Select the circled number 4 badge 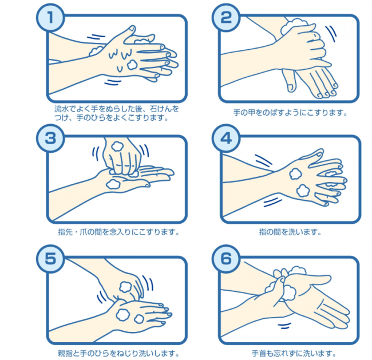225,138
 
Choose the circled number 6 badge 225,259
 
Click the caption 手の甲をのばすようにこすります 291,113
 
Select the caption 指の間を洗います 290,232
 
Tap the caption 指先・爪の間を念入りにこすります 119,232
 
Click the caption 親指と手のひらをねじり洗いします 119,353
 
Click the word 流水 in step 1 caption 61,109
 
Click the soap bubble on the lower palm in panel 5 123,314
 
